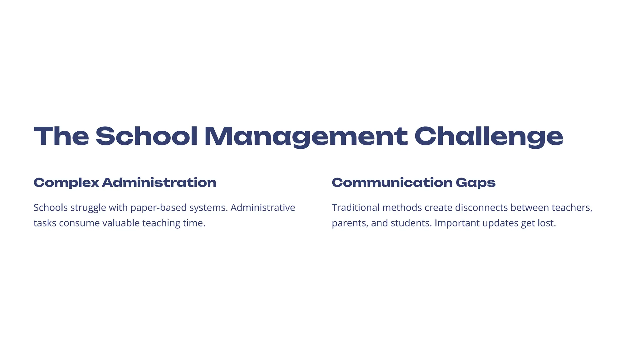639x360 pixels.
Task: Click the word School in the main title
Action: coord(146,136)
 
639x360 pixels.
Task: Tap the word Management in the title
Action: coord(306,136)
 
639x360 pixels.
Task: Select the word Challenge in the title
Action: coord(489,136)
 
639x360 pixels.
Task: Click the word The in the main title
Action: coord(61,136)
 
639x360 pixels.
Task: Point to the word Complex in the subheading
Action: coord(66,182)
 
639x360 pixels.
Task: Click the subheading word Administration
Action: coord(159,182)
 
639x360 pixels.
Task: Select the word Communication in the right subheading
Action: coord(392,182)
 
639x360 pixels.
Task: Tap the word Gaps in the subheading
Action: coord(476,182)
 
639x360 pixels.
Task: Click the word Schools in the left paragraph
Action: coord(50,207)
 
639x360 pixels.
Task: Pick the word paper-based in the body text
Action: coord(158,207)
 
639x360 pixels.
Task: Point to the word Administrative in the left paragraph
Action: coord(263,207)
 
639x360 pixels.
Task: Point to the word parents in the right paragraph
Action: coord(349,223)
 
